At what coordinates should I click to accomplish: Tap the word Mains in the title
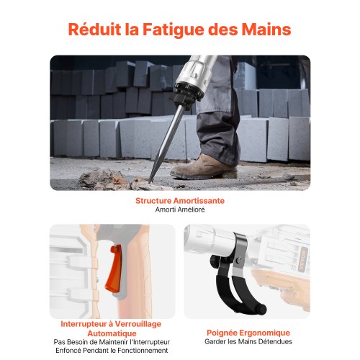[266, 30]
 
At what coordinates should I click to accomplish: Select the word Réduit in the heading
[94, 30]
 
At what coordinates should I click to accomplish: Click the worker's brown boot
[204, 167]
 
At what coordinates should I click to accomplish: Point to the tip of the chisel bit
[149, 182]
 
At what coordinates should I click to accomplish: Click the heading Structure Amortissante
[180, 201]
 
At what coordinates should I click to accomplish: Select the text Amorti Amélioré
[180, 210]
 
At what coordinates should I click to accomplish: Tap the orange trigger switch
[114, 269]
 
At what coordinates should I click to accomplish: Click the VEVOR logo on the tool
[303, 260]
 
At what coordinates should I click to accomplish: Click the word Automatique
[112, 333]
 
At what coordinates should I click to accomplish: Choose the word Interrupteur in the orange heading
[84, 324]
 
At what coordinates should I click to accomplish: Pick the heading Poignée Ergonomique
[248, 333]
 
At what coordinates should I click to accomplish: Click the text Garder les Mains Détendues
[248, 341]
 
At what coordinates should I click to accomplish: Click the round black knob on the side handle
[214, 261]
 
